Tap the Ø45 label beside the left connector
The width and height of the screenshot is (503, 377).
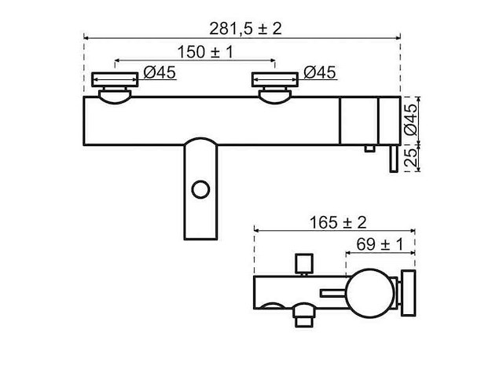point(159,72)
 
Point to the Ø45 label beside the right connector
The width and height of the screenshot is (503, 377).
point(319,72)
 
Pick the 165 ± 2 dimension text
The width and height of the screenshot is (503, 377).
point(334,223)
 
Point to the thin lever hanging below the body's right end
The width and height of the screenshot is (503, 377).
point(388,162)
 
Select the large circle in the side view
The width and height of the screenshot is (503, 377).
point(367,292)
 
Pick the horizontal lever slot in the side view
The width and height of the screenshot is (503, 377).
point(333,294)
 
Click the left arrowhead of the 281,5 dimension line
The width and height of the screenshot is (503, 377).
point(86,37)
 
